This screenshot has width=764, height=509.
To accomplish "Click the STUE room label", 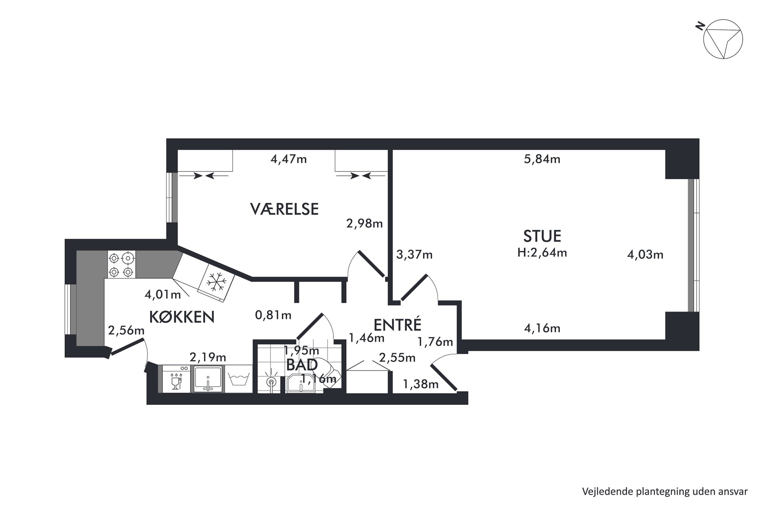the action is [542, 235].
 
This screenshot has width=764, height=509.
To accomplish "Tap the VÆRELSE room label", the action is [284, 209].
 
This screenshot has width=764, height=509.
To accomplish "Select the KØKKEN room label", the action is [181, 317].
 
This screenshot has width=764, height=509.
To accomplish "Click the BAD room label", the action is [302, 365].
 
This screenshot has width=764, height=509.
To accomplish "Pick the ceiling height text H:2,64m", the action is [542, 253].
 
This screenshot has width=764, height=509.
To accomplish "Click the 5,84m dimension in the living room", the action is [542, 159].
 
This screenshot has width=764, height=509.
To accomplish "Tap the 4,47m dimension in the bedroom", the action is [288, 159].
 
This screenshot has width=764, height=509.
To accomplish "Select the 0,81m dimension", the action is [273, 315].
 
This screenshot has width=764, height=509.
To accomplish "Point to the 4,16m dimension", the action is [542, 328].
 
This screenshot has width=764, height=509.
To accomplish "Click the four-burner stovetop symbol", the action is [121, 264].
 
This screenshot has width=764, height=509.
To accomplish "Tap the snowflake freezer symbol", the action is [216, 282].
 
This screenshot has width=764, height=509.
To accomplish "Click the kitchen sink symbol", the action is [208, 379].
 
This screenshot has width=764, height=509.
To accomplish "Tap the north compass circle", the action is [723, 39].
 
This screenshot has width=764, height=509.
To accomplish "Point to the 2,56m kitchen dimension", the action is [126, 330].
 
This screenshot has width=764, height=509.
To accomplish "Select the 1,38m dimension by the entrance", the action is [421, 384].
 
